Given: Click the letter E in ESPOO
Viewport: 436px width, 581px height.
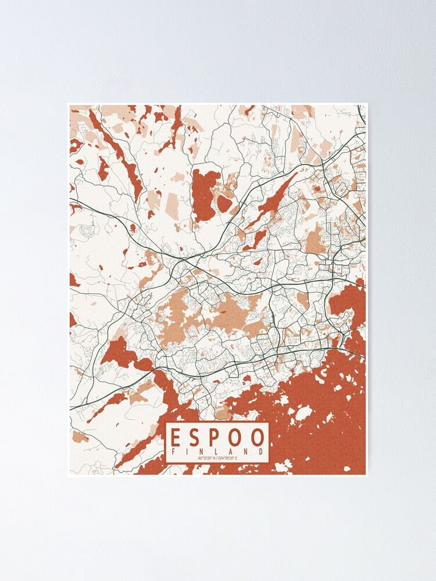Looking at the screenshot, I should (x=176, y=437).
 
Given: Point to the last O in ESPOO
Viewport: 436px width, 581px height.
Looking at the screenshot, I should (x=259, y=437).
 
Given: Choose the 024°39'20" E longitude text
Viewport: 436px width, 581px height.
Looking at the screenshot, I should (x=229, y=459).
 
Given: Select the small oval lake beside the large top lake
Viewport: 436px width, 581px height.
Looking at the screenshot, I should (x=224, y=203).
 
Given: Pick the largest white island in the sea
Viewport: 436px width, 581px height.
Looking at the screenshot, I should (x=303, y=414).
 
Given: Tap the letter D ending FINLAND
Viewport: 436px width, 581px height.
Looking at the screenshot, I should (x=262, y=451).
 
